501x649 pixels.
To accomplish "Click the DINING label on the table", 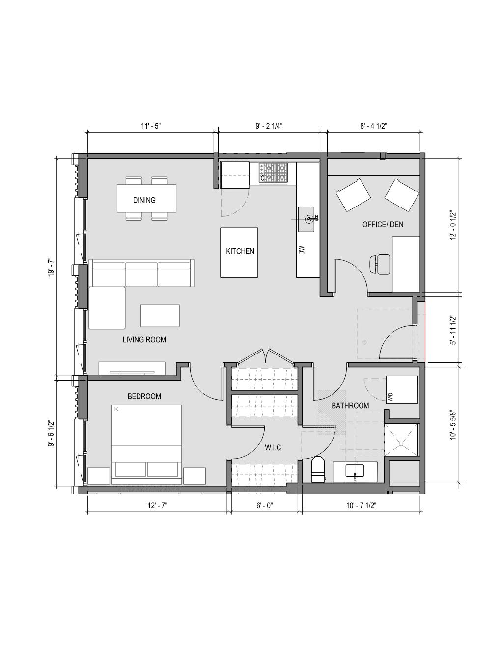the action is click(x=144, y=200).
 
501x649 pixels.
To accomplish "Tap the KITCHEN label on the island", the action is click(x=240, y=251).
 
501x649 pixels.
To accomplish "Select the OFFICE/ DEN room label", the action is click(x=383, y=224).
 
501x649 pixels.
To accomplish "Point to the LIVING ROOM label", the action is click(x=144, y=339).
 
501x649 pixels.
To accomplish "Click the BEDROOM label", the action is click(x=144, y=396).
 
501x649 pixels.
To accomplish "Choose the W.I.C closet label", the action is click(x=273, y=447).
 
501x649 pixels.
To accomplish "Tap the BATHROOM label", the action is click(x=350, y=405).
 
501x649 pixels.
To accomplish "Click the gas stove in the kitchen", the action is click(x=273, y=173).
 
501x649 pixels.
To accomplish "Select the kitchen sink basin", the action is click(x=306, y=219).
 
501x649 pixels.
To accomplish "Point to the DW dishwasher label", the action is click(x=302, y=250).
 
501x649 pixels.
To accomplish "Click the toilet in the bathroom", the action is click(x=317, y=469).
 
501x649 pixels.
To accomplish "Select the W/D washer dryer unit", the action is click(x=402, y=390).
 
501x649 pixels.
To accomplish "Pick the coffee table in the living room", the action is click(x=160, y=316).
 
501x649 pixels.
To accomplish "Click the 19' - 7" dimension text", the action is click(x=52, y=267).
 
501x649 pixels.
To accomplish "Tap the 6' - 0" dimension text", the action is click(x=265, y=505).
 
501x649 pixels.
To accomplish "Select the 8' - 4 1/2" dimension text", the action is click(x=373, y=126).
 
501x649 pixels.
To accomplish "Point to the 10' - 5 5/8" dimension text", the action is click(x=453, y=424).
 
